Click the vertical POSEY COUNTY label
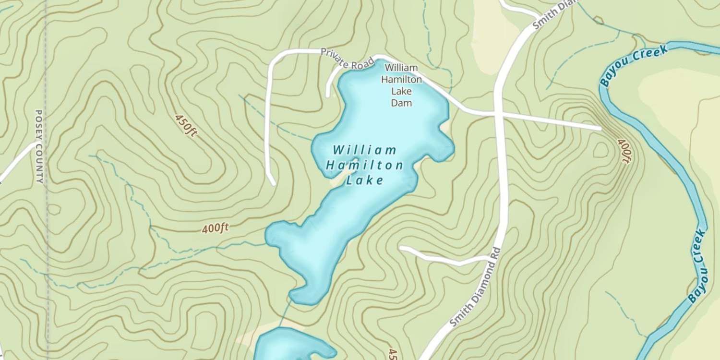pos(39,146)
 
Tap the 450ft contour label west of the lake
pos(186,125)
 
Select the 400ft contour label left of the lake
pos(215,228)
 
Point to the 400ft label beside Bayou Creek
pos(624,151)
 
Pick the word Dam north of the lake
pos(401,103)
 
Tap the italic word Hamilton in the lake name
pos(364,166)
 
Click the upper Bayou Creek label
pos(634,66)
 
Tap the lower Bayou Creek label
pos(697,266)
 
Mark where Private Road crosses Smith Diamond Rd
pos(500,114)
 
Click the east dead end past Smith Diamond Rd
pos(600,128)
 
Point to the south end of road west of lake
pos(273,183)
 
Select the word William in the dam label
pos(401,68)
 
